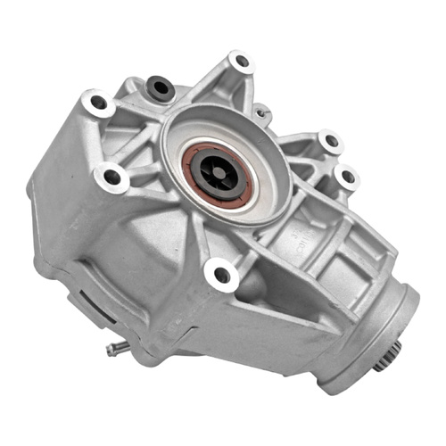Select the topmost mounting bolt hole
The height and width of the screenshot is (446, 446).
point(240,62)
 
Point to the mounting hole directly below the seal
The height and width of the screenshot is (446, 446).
point(221,274)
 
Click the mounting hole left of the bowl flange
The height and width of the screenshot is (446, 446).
point(112,178)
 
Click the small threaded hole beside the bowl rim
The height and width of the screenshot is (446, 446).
point(261,113)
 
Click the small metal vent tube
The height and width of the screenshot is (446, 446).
point(114,349)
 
